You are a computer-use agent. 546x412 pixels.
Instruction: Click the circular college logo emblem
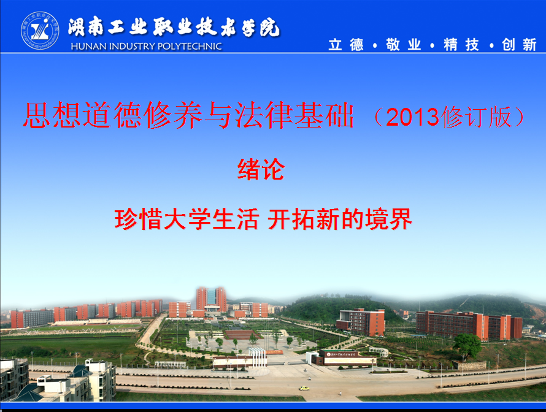[40, 30]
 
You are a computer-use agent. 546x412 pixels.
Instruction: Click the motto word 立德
[346, 45]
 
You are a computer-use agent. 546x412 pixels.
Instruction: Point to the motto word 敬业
[404, 45]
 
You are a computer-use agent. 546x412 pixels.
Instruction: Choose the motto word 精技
[461, 45]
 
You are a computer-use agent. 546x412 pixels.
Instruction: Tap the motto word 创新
[519, 45]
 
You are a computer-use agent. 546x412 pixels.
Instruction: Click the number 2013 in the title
[412, 117]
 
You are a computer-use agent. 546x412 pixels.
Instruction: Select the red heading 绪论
[261, 169]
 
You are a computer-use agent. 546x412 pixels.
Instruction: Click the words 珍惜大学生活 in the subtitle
[186, 219]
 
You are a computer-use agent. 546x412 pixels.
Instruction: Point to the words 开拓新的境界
[340, 219]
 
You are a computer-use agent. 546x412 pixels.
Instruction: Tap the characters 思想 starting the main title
[53, 115]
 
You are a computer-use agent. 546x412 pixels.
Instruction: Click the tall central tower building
[212, 299]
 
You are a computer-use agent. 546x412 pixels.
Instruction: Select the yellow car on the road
[304, 388]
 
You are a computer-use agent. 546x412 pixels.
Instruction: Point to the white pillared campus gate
[257, 357]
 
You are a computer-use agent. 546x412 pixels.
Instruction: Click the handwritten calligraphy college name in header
[174, 27]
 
